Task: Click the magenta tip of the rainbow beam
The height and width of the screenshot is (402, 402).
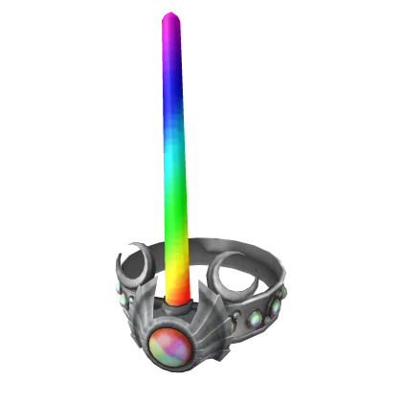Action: pos(171,21)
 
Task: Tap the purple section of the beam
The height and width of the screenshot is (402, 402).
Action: pos(173,57)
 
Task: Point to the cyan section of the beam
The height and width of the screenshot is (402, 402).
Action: pos(175,158)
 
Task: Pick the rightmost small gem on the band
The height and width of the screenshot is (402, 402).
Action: pos(279,305)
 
